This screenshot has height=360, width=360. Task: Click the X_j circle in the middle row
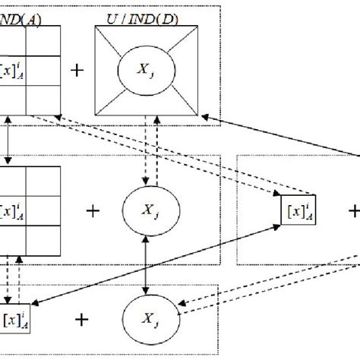tap(144, 210)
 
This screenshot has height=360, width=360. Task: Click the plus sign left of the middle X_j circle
tap(93, 210)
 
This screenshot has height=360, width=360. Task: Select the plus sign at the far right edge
tap(354, 209)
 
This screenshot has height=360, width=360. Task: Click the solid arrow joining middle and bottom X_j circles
tap(145, 265)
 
